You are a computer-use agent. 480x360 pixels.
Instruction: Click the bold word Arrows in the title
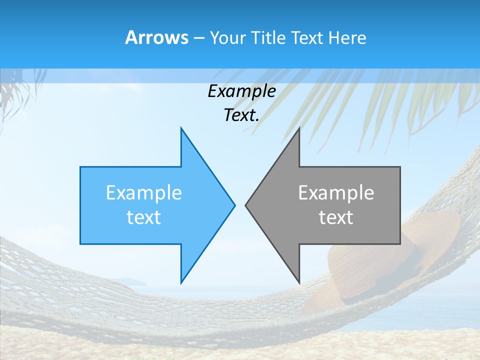156,37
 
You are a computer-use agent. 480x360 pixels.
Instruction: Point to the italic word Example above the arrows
241,91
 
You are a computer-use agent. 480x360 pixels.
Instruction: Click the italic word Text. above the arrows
241,115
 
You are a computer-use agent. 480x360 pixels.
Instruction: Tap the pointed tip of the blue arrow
234,205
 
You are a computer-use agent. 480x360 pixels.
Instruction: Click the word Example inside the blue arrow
144,193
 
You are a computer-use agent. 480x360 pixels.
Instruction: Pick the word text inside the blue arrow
144,217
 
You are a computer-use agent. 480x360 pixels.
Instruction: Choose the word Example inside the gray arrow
336,193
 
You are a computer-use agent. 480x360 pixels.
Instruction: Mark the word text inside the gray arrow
336,217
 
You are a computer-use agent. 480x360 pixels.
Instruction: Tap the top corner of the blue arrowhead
181,128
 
